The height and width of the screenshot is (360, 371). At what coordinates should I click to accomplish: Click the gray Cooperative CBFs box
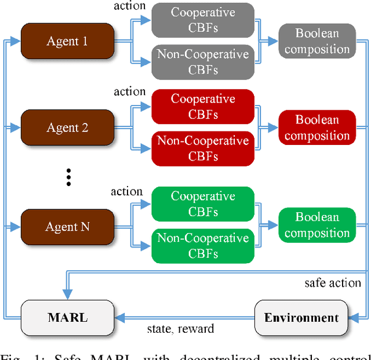(x=202, y=20)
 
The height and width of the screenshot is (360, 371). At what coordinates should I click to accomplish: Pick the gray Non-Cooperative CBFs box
(x=202, y=61)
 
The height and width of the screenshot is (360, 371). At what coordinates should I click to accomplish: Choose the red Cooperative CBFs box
(x=202, y=107)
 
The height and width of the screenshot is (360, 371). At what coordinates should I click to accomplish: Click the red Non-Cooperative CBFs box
(x=202, y=148)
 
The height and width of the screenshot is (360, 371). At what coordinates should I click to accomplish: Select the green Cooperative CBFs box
(x=202, y=204)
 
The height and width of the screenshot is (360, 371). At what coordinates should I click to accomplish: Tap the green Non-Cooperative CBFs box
(x=202, y=246)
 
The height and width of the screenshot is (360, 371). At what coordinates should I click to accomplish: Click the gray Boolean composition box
(x=317, y=41)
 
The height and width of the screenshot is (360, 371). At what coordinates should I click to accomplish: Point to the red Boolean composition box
(x=317, y=128)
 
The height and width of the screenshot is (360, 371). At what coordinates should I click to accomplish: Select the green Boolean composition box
(x=317, y=225)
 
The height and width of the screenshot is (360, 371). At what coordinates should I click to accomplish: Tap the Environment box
(x=301, y=317)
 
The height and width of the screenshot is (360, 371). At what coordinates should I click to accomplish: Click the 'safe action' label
(x=332, y=283)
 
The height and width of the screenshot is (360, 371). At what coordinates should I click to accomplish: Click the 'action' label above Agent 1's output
(x=129, y=6)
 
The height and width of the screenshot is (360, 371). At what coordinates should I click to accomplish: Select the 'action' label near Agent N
(x=126, y=191)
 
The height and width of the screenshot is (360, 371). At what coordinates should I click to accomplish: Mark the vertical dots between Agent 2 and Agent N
(x=68, y=177)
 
